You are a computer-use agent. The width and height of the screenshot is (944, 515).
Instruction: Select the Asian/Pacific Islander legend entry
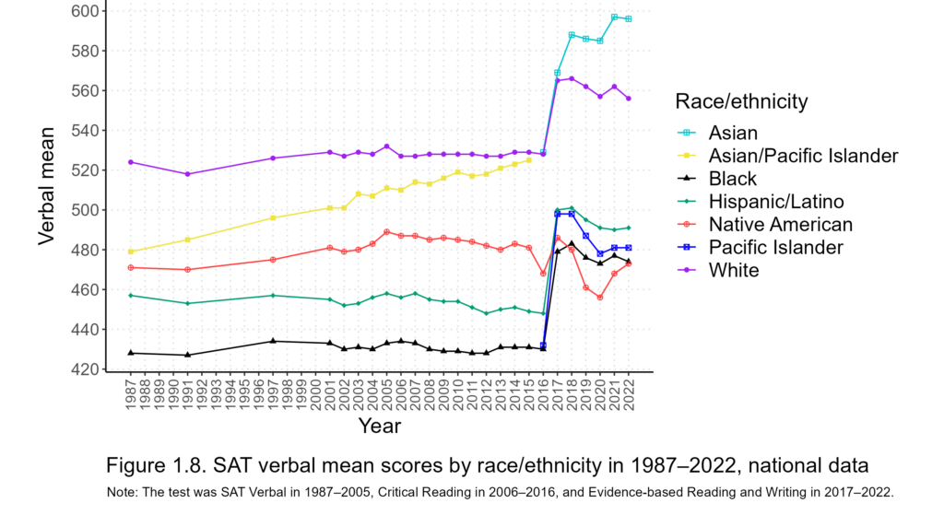tap(803, 156)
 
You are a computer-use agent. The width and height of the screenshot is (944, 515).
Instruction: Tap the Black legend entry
tap(733, 179)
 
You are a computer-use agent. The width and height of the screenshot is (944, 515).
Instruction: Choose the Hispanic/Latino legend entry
tap(775, 201)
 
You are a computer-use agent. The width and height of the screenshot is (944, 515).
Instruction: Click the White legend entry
tap(734, 270)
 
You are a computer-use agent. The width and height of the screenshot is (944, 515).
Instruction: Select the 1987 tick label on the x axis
tap(131, 395)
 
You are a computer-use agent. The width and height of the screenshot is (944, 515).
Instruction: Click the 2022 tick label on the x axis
tap(629, 395)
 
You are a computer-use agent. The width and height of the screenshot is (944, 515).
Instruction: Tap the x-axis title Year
tap(379, 426)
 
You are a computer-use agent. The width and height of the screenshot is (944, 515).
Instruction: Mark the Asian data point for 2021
tap(614, 17)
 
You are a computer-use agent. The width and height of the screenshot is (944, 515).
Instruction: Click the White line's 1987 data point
tap(131, 162)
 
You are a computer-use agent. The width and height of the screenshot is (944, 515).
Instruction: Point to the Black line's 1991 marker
tap(188, 355)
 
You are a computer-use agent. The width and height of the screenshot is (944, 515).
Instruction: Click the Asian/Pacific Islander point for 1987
tap(131, 252)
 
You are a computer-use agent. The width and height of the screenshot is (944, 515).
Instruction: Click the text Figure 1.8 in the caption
tap(152, 463)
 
